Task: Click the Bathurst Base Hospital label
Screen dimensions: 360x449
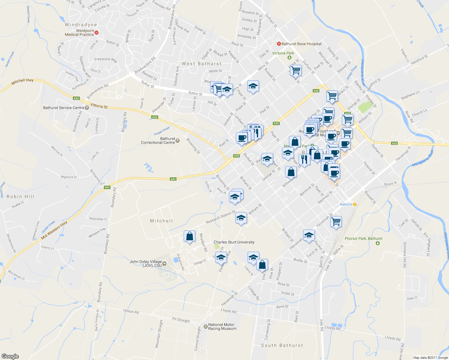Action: coord(301,44)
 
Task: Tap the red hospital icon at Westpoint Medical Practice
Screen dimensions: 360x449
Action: coord(96,32)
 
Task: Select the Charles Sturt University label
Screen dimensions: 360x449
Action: coord(234,242)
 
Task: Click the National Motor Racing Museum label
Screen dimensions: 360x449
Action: coord(222,327)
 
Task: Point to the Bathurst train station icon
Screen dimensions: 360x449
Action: coord(355,204)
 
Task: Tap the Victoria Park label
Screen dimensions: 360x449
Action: coord(283,53)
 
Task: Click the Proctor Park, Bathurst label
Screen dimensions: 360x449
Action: coord(363,238)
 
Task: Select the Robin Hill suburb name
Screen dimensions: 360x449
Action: coord(20,196)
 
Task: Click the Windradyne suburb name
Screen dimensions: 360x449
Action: coord(81,25)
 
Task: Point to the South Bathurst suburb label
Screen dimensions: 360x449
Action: coord(282,345)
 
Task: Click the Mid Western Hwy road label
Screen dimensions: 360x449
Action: coord(54,230)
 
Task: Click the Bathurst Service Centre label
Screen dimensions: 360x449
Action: coord(64,108)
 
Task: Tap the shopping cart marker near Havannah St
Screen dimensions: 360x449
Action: coord(336,222)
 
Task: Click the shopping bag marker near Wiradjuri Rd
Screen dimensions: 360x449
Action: coord(189,236)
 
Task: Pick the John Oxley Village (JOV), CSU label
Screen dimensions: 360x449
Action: coord(146,263)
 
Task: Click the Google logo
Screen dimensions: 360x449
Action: coord(10,356)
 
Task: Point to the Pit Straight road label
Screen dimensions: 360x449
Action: coord(181,320)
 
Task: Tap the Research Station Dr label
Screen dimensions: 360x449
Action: coord(221,217)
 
